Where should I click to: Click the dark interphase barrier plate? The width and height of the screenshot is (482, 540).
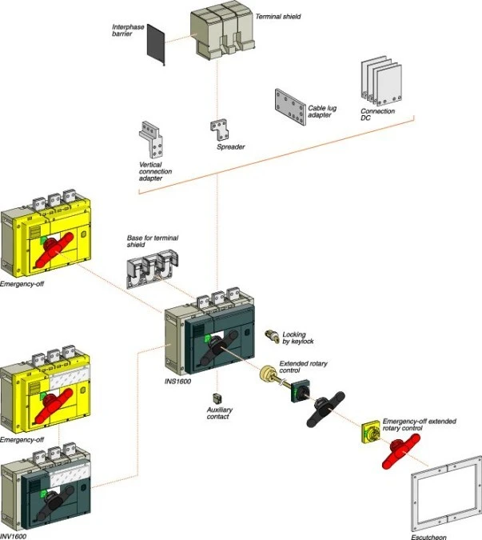point(156,45)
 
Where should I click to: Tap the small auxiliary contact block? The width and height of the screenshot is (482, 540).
point(217,397)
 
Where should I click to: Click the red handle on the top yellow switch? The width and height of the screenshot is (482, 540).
point(63,248)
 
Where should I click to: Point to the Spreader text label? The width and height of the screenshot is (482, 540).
point(230,147)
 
